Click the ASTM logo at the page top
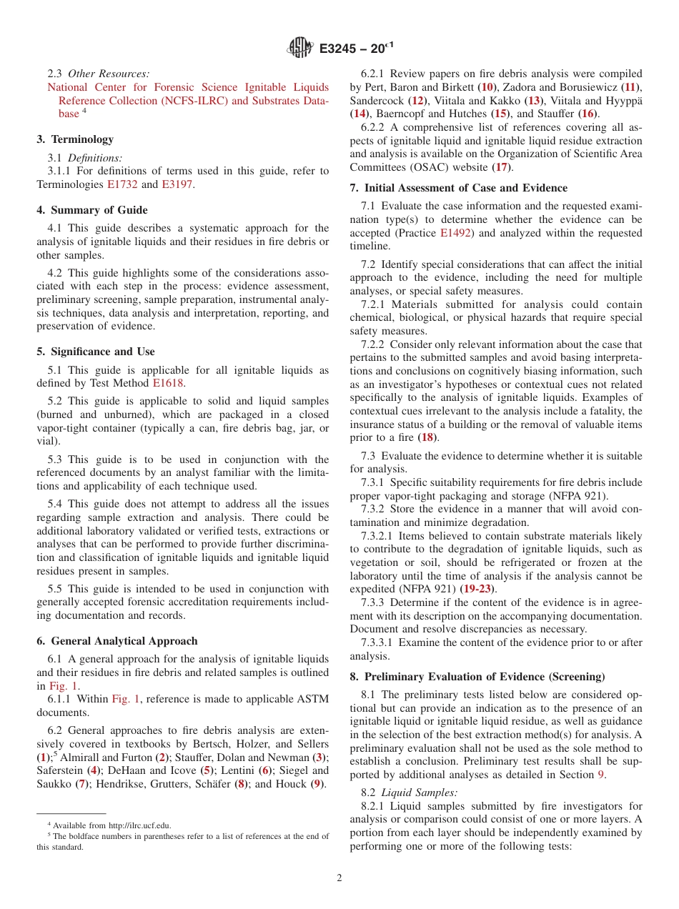click(300, 48)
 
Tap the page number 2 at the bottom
click(339, 878)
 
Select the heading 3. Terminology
click(75, 139)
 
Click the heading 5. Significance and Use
click(96, 352)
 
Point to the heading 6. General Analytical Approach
click(117, 641)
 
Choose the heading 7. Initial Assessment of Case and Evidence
click(459, 188)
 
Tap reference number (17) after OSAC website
click(502, 167)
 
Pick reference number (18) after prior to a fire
click(427, 437)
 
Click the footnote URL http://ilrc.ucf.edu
click(135, 825)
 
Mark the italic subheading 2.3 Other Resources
click(99, 74)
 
